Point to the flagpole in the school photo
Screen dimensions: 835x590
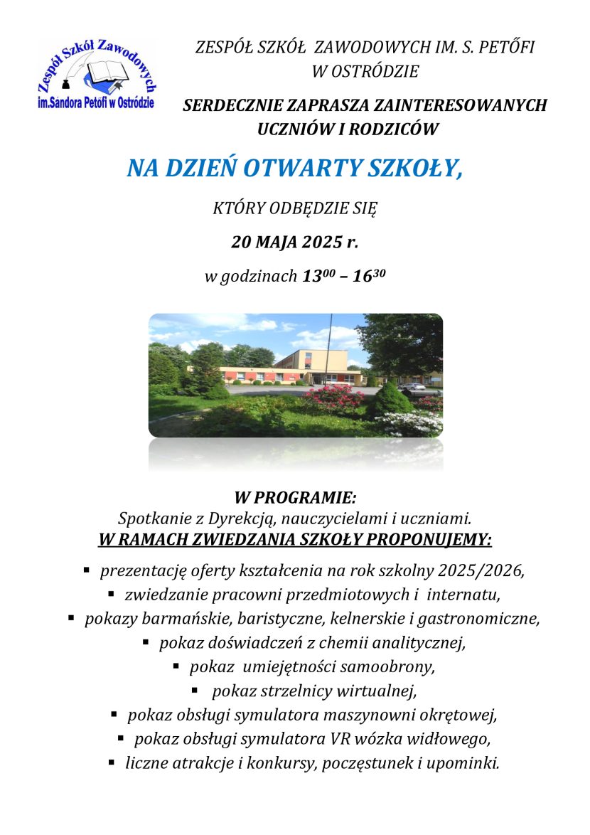(328, 349)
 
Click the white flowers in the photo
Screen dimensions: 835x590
(412, 425)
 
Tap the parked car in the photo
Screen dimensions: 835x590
(413, 388)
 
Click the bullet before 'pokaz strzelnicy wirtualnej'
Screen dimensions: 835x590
(195, 688)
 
